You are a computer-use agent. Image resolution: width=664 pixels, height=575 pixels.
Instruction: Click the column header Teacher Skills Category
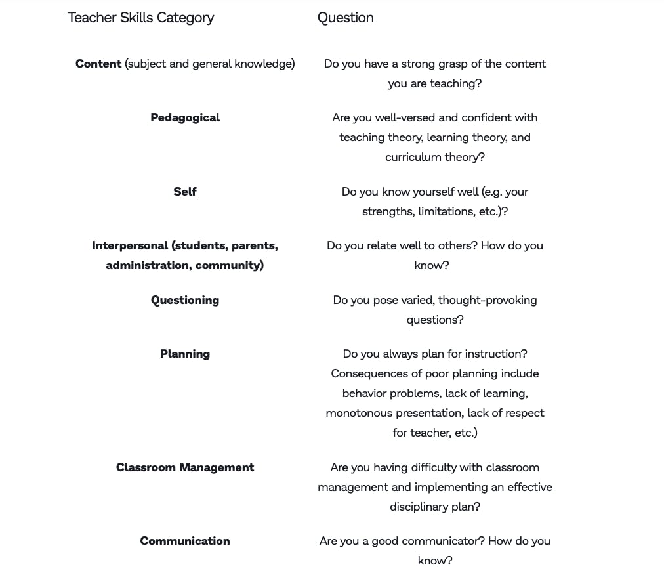[140, 18]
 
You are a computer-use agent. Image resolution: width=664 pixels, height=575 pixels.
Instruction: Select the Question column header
[345, 18]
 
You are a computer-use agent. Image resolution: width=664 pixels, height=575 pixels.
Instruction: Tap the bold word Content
[98, 64]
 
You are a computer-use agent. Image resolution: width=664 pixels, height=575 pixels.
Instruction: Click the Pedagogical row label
[185, 117]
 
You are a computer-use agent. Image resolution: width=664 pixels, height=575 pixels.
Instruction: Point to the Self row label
[185, 192]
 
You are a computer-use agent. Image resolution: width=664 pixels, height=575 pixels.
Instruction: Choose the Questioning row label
[185, 300]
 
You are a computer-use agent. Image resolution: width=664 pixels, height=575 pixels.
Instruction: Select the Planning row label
[185, 354]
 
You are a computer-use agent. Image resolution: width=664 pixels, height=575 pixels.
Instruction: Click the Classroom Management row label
[185, 467]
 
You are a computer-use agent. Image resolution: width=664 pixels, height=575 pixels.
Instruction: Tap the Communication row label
[185, 541]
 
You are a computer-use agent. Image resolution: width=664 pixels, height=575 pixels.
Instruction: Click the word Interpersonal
[130, 245]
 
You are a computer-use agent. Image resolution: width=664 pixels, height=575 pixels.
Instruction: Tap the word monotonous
[360, 413]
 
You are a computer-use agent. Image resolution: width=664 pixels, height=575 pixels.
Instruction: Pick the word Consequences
[371, 373]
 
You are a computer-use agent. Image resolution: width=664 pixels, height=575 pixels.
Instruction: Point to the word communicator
[428, 541]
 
